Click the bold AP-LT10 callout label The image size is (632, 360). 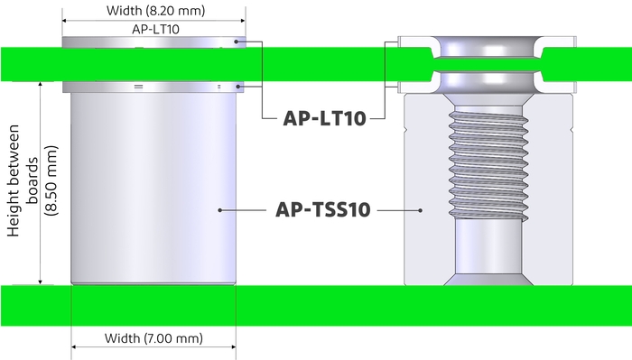tap(323, 119)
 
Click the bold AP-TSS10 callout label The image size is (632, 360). tap(321, 210)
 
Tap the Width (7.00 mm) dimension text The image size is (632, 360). tap(153, 338)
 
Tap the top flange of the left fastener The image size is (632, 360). tap(153, 41)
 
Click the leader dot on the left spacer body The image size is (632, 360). tap(219, 210)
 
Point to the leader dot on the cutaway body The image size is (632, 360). tap(423, 210)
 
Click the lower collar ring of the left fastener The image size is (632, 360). tap(153, 87)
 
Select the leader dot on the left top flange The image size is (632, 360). tap(237, 41)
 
